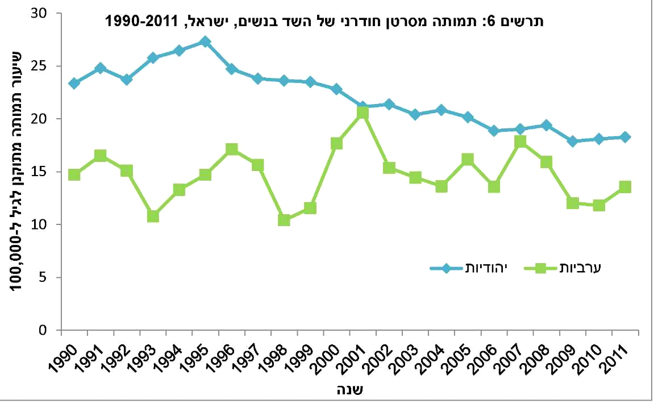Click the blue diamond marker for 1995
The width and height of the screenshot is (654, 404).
(205, 41)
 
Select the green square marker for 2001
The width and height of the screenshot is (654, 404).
(363, 113)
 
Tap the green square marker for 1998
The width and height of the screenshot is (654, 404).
(284, 220)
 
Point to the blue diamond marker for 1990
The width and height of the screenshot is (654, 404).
(74, 84)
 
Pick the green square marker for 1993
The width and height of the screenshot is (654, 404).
(153, 216)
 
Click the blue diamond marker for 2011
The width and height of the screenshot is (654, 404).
(625, 137)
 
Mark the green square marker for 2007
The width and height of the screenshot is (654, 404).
(520, 142)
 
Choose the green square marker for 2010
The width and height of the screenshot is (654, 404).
(599, 205)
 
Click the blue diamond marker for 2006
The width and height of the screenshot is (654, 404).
(494, 131)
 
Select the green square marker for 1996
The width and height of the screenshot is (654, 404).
(231, 149)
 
